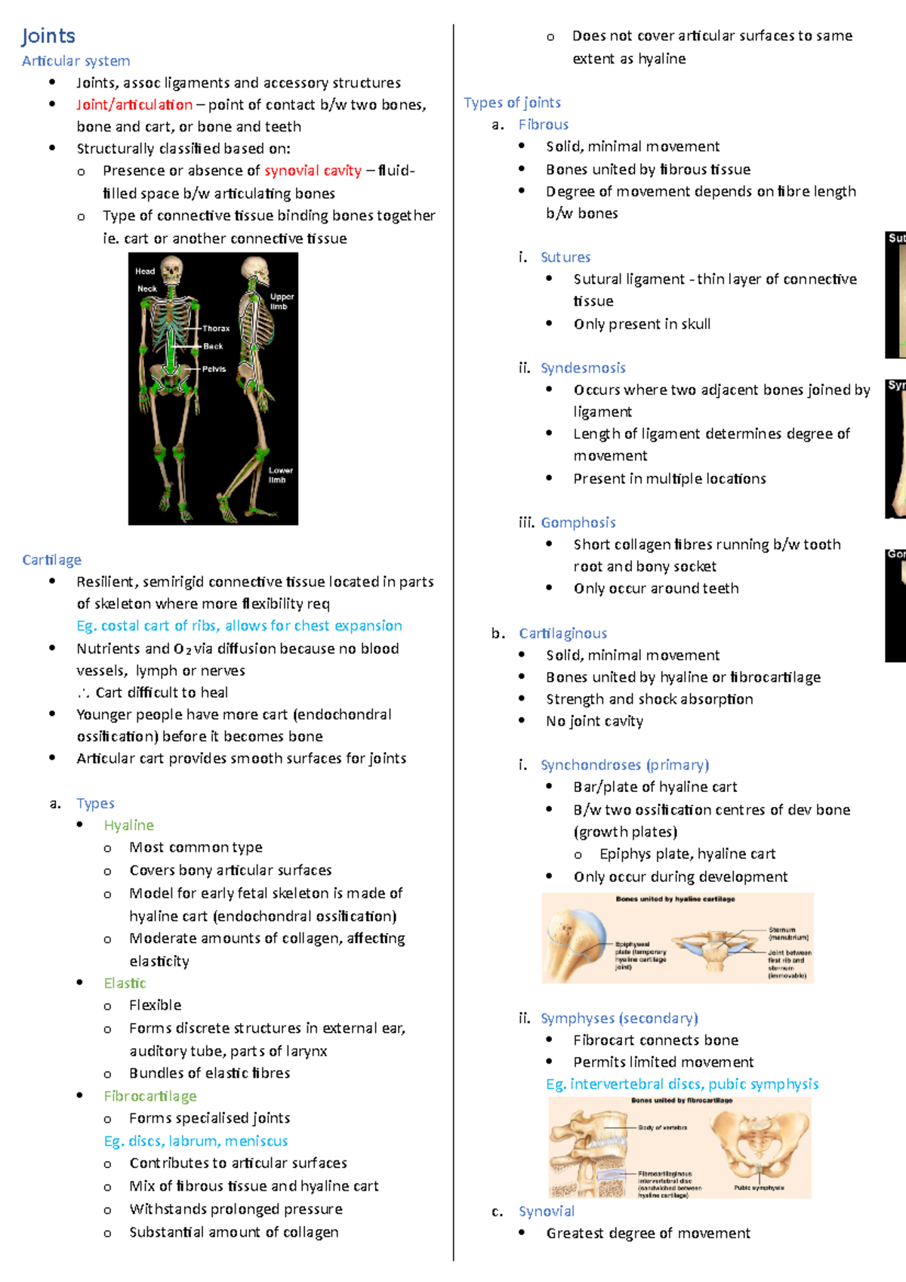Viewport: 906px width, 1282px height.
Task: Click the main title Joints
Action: coord(48,36)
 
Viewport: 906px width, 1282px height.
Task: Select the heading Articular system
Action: coord(75,61)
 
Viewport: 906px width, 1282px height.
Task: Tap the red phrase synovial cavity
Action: coord(313,171)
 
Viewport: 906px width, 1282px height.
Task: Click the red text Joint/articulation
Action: coord(134,105)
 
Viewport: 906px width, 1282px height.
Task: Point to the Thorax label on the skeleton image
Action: coord(216,328)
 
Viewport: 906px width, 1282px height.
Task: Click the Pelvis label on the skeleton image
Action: coord(214,369)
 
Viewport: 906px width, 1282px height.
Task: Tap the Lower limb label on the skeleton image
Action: coord(280,475)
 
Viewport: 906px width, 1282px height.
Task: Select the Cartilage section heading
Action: coord(51,560)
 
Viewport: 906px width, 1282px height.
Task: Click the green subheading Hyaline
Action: coord(128,825)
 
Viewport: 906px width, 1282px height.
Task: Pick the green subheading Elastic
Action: coord(125,983)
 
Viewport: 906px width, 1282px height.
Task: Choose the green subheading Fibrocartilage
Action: coord(150,1096)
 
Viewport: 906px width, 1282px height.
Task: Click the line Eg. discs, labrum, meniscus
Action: coord(196,1141)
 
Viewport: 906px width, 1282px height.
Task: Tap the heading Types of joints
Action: coord(512,103)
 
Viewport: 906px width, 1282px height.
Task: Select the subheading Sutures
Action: coord(565,257)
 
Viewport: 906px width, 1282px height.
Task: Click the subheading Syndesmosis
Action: coord(583,368)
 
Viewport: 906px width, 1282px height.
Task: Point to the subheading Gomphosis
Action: coord(578,522)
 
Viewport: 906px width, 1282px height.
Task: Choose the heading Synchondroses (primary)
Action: coord(624,765)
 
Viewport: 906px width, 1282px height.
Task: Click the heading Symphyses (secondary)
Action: coord(619,1019)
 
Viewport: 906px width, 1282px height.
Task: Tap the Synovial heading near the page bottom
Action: coord(546,1211)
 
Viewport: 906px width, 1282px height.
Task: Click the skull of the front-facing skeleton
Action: coord(172,268)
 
